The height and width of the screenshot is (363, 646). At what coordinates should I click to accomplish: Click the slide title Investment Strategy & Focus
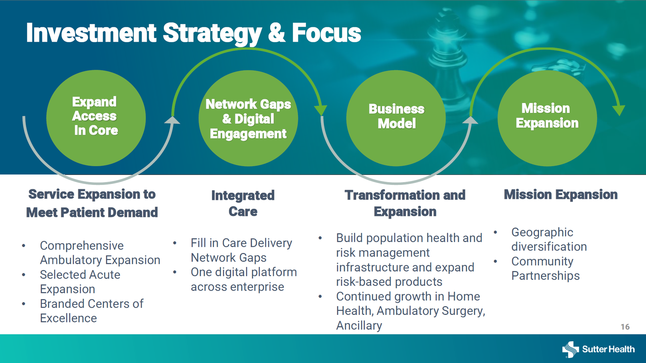[x=193, y=33]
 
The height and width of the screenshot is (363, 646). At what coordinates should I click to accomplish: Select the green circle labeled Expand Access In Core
[x=96, y=118]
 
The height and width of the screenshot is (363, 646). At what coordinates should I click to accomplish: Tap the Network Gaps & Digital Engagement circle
[x=248, y=118]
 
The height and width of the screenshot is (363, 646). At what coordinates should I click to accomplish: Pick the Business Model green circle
[x=396, y=118]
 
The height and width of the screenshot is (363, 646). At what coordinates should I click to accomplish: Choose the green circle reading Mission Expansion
[x=547, y=118]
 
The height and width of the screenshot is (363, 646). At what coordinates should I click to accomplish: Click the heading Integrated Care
[x=243, y=204]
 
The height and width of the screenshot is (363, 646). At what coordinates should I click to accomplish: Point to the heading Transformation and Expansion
[x=405, y=203]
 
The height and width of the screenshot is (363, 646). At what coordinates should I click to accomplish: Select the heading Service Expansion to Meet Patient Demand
[x=92, y=203]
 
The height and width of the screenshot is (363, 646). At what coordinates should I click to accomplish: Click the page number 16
[x=625, y=327]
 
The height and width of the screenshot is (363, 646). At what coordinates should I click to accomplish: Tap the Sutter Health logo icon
[x=570, y=350]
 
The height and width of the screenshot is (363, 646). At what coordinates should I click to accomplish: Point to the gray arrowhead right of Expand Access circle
[x=172, y=120]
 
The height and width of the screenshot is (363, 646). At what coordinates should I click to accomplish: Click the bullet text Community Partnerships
[x=545, y=268]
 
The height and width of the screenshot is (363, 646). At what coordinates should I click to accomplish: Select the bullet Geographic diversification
[x=549, y=239]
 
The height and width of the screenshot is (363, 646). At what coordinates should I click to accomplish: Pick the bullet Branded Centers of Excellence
[x=92, y=311]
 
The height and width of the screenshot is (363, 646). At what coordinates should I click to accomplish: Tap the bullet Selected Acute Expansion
[x=80, y=282]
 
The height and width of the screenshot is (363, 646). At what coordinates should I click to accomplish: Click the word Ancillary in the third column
[x=359, y=326]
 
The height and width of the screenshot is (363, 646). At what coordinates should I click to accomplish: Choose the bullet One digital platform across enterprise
[x=244, y=279]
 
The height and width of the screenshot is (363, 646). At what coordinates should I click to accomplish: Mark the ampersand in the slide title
[x=277, y=33]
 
